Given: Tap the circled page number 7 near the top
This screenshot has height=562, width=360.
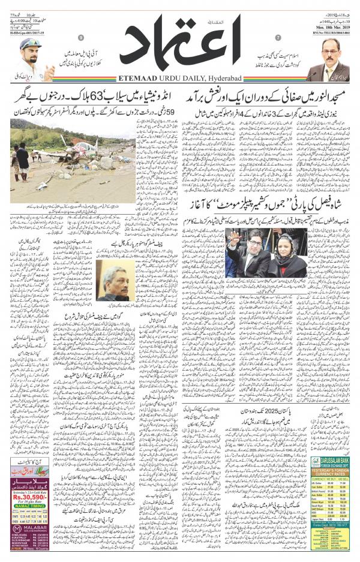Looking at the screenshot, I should pos(277,38).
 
